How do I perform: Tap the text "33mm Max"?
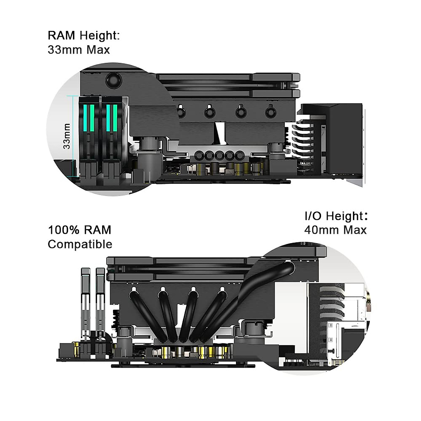(79, 50)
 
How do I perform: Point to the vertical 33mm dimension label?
(67, 136)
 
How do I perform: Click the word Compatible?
(80, 244)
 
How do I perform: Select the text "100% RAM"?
(79, 230)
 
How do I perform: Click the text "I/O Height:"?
(336, 216)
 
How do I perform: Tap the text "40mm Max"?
(335, 230)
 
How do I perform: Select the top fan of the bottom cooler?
(210, 261)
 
